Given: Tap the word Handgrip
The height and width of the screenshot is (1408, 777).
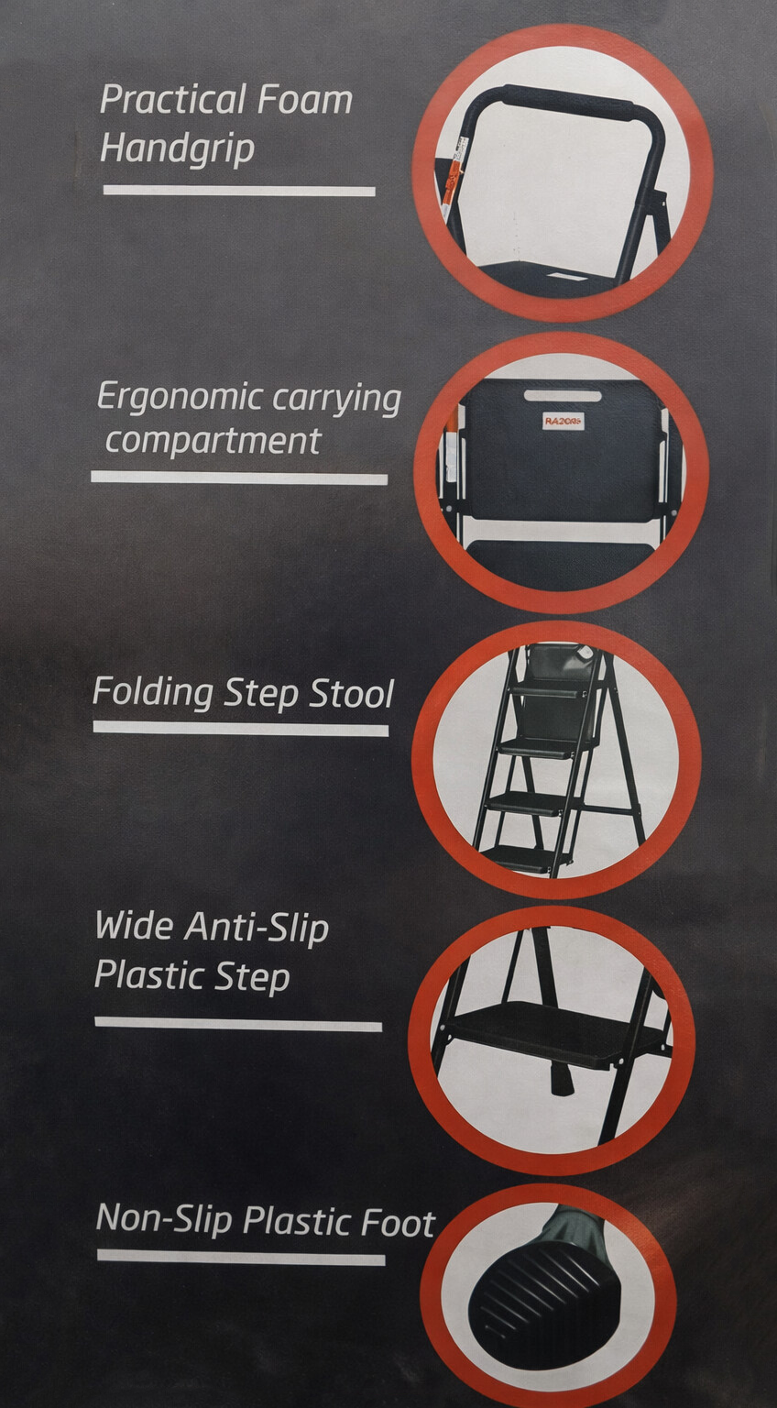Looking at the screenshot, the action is [177, 149].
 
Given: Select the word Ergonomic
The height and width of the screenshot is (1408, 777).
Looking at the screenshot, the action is [180, 398].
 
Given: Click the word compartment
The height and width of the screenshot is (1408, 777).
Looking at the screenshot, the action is [213, 441].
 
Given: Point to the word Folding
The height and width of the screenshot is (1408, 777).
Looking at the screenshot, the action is [153, 693].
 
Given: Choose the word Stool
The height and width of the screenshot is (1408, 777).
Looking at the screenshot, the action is [352, 693].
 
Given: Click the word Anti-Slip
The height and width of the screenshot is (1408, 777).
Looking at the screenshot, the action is [257, 928].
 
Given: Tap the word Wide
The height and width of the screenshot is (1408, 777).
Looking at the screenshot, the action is [135, 926].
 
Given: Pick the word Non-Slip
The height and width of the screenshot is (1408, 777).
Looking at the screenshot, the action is [164, 1218].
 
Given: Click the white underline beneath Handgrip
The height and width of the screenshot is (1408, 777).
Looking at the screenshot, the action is [239, 191].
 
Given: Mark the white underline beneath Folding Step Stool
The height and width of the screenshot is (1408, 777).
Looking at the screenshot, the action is [241, 729].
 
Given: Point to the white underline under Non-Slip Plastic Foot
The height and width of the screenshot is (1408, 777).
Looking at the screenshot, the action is [241, 1257].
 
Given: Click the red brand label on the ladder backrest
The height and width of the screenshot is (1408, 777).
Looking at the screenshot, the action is [563, 421].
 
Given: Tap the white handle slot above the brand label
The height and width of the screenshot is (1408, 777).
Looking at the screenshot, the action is [563, 396].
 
